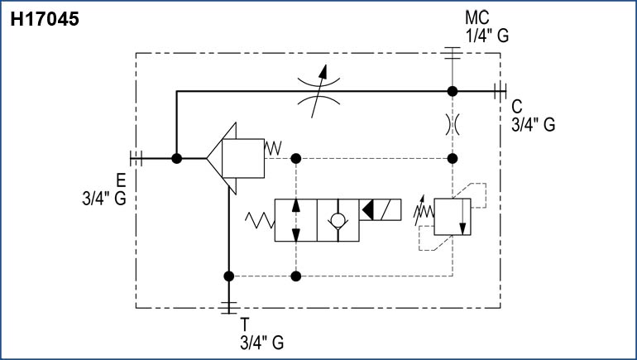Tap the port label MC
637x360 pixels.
(x=477, y=17)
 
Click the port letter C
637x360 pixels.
(x=517, y=106)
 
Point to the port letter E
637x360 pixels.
(x=120, y=180)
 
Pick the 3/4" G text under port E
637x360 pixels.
(x=103, y=199)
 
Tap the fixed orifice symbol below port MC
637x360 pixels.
(x=452, y=124)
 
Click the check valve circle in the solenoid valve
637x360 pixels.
(x=338, y=221)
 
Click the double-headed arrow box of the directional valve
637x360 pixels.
(x=295, y=221)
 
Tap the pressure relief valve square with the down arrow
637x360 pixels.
(x=452, y=218)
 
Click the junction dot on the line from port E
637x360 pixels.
(x=176, y=157)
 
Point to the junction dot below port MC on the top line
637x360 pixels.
(x=452, y=90)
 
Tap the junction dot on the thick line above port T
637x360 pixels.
(x=229, y=276)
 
